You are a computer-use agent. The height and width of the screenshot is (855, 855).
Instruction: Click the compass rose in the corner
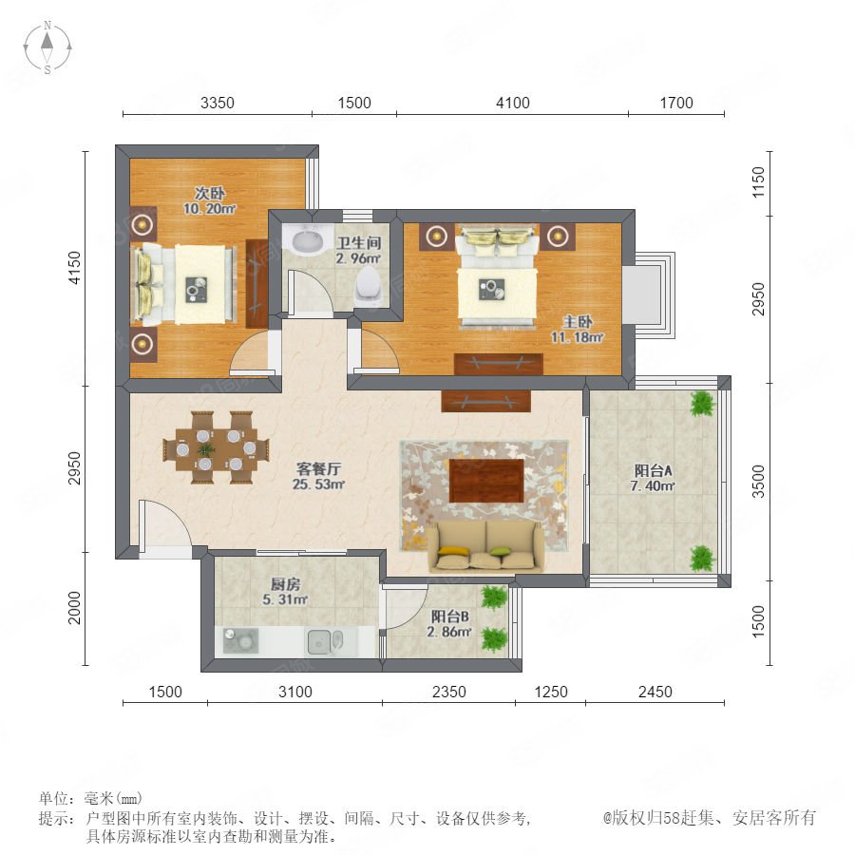click(47, 47)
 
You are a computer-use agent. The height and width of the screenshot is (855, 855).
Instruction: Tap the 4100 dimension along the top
click(513, 103)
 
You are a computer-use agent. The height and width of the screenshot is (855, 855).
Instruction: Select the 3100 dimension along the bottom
click(295, 692)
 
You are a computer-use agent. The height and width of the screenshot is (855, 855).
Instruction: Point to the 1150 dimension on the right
click(758, 182)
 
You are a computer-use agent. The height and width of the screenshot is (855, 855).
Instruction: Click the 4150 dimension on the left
click(74, 267)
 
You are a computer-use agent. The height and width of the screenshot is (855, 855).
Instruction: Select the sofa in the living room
click(485, 546)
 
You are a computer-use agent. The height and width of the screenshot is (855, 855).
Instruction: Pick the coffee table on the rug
click(486, 481)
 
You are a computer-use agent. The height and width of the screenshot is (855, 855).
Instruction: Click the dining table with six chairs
click(217, 448)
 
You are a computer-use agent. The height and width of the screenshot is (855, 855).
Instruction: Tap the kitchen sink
click(325, 641)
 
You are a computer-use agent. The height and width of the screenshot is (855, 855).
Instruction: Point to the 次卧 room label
click(210, 193)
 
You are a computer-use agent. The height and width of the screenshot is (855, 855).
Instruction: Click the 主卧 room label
click(578, 322)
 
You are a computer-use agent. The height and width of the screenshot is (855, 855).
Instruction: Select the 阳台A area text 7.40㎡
click(653, 485)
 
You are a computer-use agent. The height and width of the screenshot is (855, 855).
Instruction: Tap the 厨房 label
click(285, 584)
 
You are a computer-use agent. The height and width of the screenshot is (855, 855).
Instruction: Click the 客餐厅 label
click(319, 468)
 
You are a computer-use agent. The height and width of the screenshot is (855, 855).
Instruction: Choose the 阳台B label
click(450, 617)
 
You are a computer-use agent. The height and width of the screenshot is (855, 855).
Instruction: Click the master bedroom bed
click(497, 276)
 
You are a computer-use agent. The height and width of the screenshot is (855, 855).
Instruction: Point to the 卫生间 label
click(358, 243)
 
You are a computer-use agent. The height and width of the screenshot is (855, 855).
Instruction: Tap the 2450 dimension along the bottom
click(655, 692)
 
